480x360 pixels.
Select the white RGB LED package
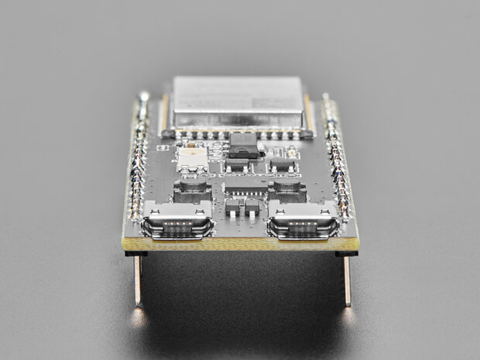pos(191,159)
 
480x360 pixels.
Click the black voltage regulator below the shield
pos(243,145)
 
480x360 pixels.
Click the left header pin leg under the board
pos(138,279)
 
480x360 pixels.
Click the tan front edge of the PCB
pos(240,245)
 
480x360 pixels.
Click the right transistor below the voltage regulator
pos(283,165)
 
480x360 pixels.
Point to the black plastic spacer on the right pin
pos(346,252)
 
